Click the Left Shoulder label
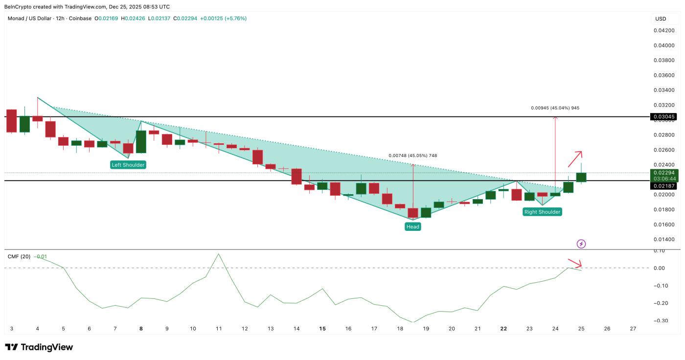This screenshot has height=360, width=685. tap(128, 165)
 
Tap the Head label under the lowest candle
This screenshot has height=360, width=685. tap(412, 226)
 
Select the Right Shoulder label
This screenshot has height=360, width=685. tap(542, 212)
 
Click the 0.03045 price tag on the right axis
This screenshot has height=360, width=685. tap(663, 117)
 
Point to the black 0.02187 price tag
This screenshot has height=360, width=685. tap(663, 186)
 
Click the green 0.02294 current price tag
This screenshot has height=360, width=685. tap(663, 173)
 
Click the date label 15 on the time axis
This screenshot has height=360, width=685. tap(322, 329)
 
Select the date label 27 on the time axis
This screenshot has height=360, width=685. tap(633, 329)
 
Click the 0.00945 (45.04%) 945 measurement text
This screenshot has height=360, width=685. tap(555, 108)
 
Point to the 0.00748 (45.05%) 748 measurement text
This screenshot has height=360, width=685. tap(412, 156)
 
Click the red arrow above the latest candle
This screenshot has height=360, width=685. tap(575, 157)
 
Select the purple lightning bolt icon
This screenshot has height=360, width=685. tap(581, 244)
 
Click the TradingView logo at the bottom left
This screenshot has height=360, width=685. tap(39, 347)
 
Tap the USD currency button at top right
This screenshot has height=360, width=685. tap(661, 19)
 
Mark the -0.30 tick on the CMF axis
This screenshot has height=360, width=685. tap(661, 321)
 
